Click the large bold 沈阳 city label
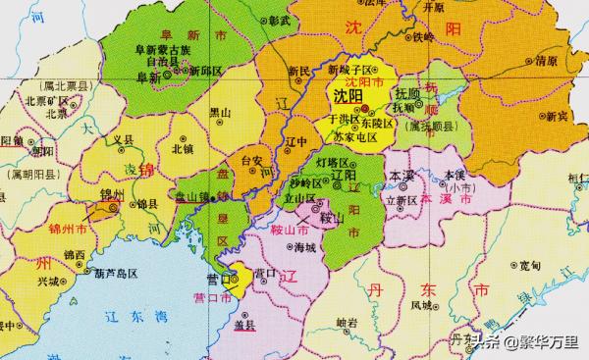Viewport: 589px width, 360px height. [x=348, y=98]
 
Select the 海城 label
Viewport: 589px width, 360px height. [x=306, y=249]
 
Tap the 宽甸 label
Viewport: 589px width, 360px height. [x=531, y=264]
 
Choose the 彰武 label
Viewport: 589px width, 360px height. [x=278, y=19]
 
